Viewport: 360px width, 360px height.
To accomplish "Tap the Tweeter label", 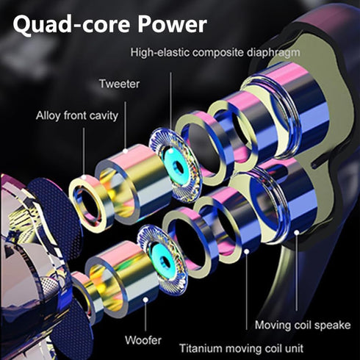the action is (x=120, y=84).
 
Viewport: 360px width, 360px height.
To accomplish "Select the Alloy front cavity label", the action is (x=77, y=115).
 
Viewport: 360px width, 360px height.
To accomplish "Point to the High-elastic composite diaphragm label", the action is (x=215, y=52).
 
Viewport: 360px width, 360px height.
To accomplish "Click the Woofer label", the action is (x=143, y=340).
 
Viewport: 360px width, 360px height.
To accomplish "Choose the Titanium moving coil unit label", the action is (x=242, y=348).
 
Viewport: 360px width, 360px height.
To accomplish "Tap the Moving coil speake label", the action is (x=303, y=325).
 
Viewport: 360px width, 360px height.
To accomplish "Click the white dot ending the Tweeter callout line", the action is (x=126, y=151).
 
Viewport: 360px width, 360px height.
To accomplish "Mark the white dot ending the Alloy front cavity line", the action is (x=84, y=177).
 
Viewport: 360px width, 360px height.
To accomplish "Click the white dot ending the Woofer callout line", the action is (x=145, y=300).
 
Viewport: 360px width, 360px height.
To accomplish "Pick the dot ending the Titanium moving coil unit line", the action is (x=247, y=252).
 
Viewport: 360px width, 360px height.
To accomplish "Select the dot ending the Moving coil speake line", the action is (x=297, y=232).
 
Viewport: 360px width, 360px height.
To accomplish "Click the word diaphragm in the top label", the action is (x=273, y=53).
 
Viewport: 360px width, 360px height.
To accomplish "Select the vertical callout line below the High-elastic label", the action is (x=170, y=101).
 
